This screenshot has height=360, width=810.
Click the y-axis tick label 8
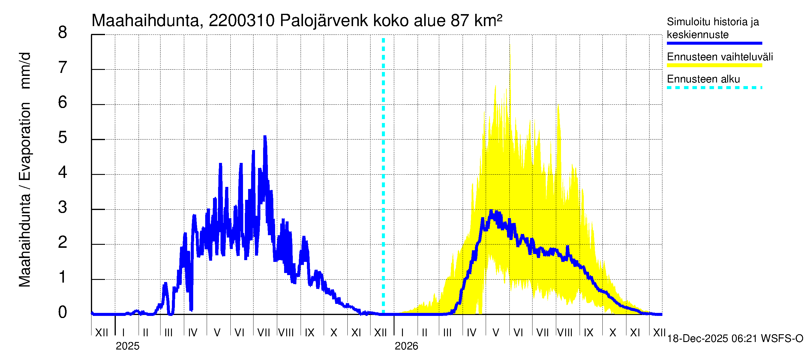(63, 33)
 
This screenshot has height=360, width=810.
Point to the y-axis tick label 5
(63, 138)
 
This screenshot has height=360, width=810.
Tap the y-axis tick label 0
(63, 313)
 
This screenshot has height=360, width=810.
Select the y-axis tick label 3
(63, 208)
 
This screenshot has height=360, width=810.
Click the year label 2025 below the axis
(127, 346)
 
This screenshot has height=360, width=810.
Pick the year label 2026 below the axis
(406, 346)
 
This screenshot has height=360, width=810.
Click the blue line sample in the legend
(714, 43)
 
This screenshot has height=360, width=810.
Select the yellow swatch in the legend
(714, 65)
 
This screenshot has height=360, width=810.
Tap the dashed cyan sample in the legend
(714, 88)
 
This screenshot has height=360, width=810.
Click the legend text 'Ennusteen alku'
(703, 79)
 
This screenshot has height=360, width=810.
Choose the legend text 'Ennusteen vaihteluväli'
(720, 57)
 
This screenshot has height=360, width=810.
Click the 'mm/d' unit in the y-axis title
(25, 71)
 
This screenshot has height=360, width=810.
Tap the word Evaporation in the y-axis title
(25, 142)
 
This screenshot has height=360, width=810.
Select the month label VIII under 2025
(286, 333)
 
